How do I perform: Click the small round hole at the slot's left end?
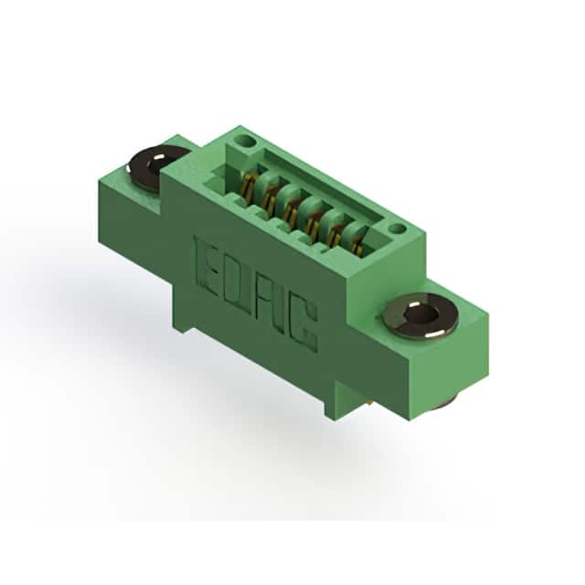coord(245,142)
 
